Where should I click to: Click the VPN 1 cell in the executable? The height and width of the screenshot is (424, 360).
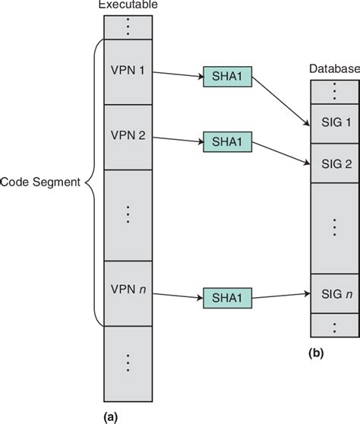[x=127, y=73]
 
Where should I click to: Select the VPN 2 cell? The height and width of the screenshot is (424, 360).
[x=127, y=138]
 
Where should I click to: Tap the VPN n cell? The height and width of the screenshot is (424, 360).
[x=127, y=291]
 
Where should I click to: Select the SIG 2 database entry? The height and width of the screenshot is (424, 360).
[x=334, y=162]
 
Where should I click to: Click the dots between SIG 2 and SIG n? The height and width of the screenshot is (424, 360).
[x=334, y=226]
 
